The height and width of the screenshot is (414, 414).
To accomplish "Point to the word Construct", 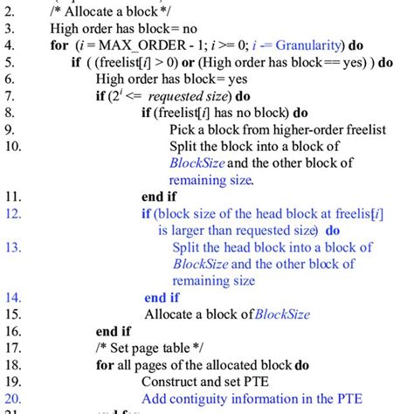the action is [172, 381].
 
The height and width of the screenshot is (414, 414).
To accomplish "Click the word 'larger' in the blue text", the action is [194, 231].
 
